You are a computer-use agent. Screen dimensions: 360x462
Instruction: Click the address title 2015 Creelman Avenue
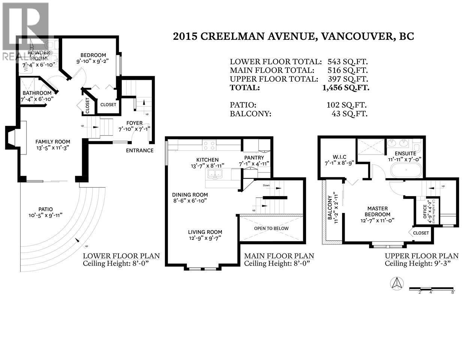point(293,36)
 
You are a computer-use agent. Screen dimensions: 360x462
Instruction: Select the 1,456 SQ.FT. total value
point(345,88)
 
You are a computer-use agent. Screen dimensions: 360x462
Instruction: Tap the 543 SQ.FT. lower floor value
point(347,61)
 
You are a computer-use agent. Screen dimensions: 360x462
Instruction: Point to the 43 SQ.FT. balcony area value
point(349,114)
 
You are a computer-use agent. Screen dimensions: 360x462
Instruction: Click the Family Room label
point(53,142)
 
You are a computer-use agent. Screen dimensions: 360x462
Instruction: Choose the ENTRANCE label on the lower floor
point(139,150)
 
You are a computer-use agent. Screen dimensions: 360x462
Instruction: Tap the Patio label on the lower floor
point(45,209)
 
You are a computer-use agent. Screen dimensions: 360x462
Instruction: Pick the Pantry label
point(254,157)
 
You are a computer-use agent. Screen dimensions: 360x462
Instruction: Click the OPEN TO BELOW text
point(271,228)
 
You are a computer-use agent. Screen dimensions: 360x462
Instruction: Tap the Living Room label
point(205,232)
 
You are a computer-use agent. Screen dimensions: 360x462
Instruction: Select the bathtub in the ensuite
point(406,171)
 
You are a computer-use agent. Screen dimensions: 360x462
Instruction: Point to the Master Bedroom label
point(377,211)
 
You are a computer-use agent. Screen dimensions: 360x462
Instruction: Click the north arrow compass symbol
point(397,283)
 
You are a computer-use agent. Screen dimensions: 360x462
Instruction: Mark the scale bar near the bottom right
point(432,289)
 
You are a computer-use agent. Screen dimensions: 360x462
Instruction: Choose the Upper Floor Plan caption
point(422,256)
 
